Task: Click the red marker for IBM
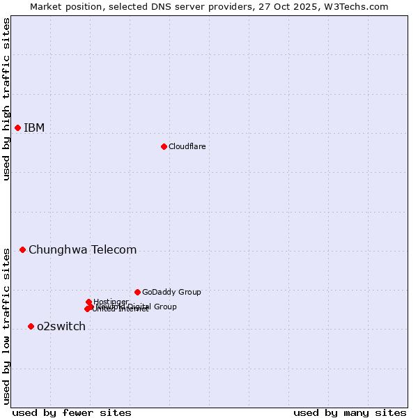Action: coord(17,127)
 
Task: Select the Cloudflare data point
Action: coord(164,146)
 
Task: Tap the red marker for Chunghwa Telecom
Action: coord(22,249)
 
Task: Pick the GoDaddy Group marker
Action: coord(137,292)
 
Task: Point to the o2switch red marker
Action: coord(31,326)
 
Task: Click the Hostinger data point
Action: coord(88,302)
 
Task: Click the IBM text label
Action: coord(34,127)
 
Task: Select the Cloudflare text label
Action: coord(187,146)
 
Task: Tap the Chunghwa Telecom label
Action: coord(82,249)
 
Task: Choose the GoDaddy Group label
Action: coord(171,292)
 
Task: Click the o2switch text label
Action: coord(61,326)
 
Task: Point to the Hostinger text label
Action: coord(111,301)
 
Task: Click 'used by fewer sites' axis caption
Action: coord(72,412)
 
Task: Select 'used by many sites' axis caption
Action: coord(350,412)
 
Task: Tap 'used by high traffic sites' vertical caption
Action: coord(6,99)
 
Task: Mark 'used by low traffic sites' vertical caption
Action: coord(6,326)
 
